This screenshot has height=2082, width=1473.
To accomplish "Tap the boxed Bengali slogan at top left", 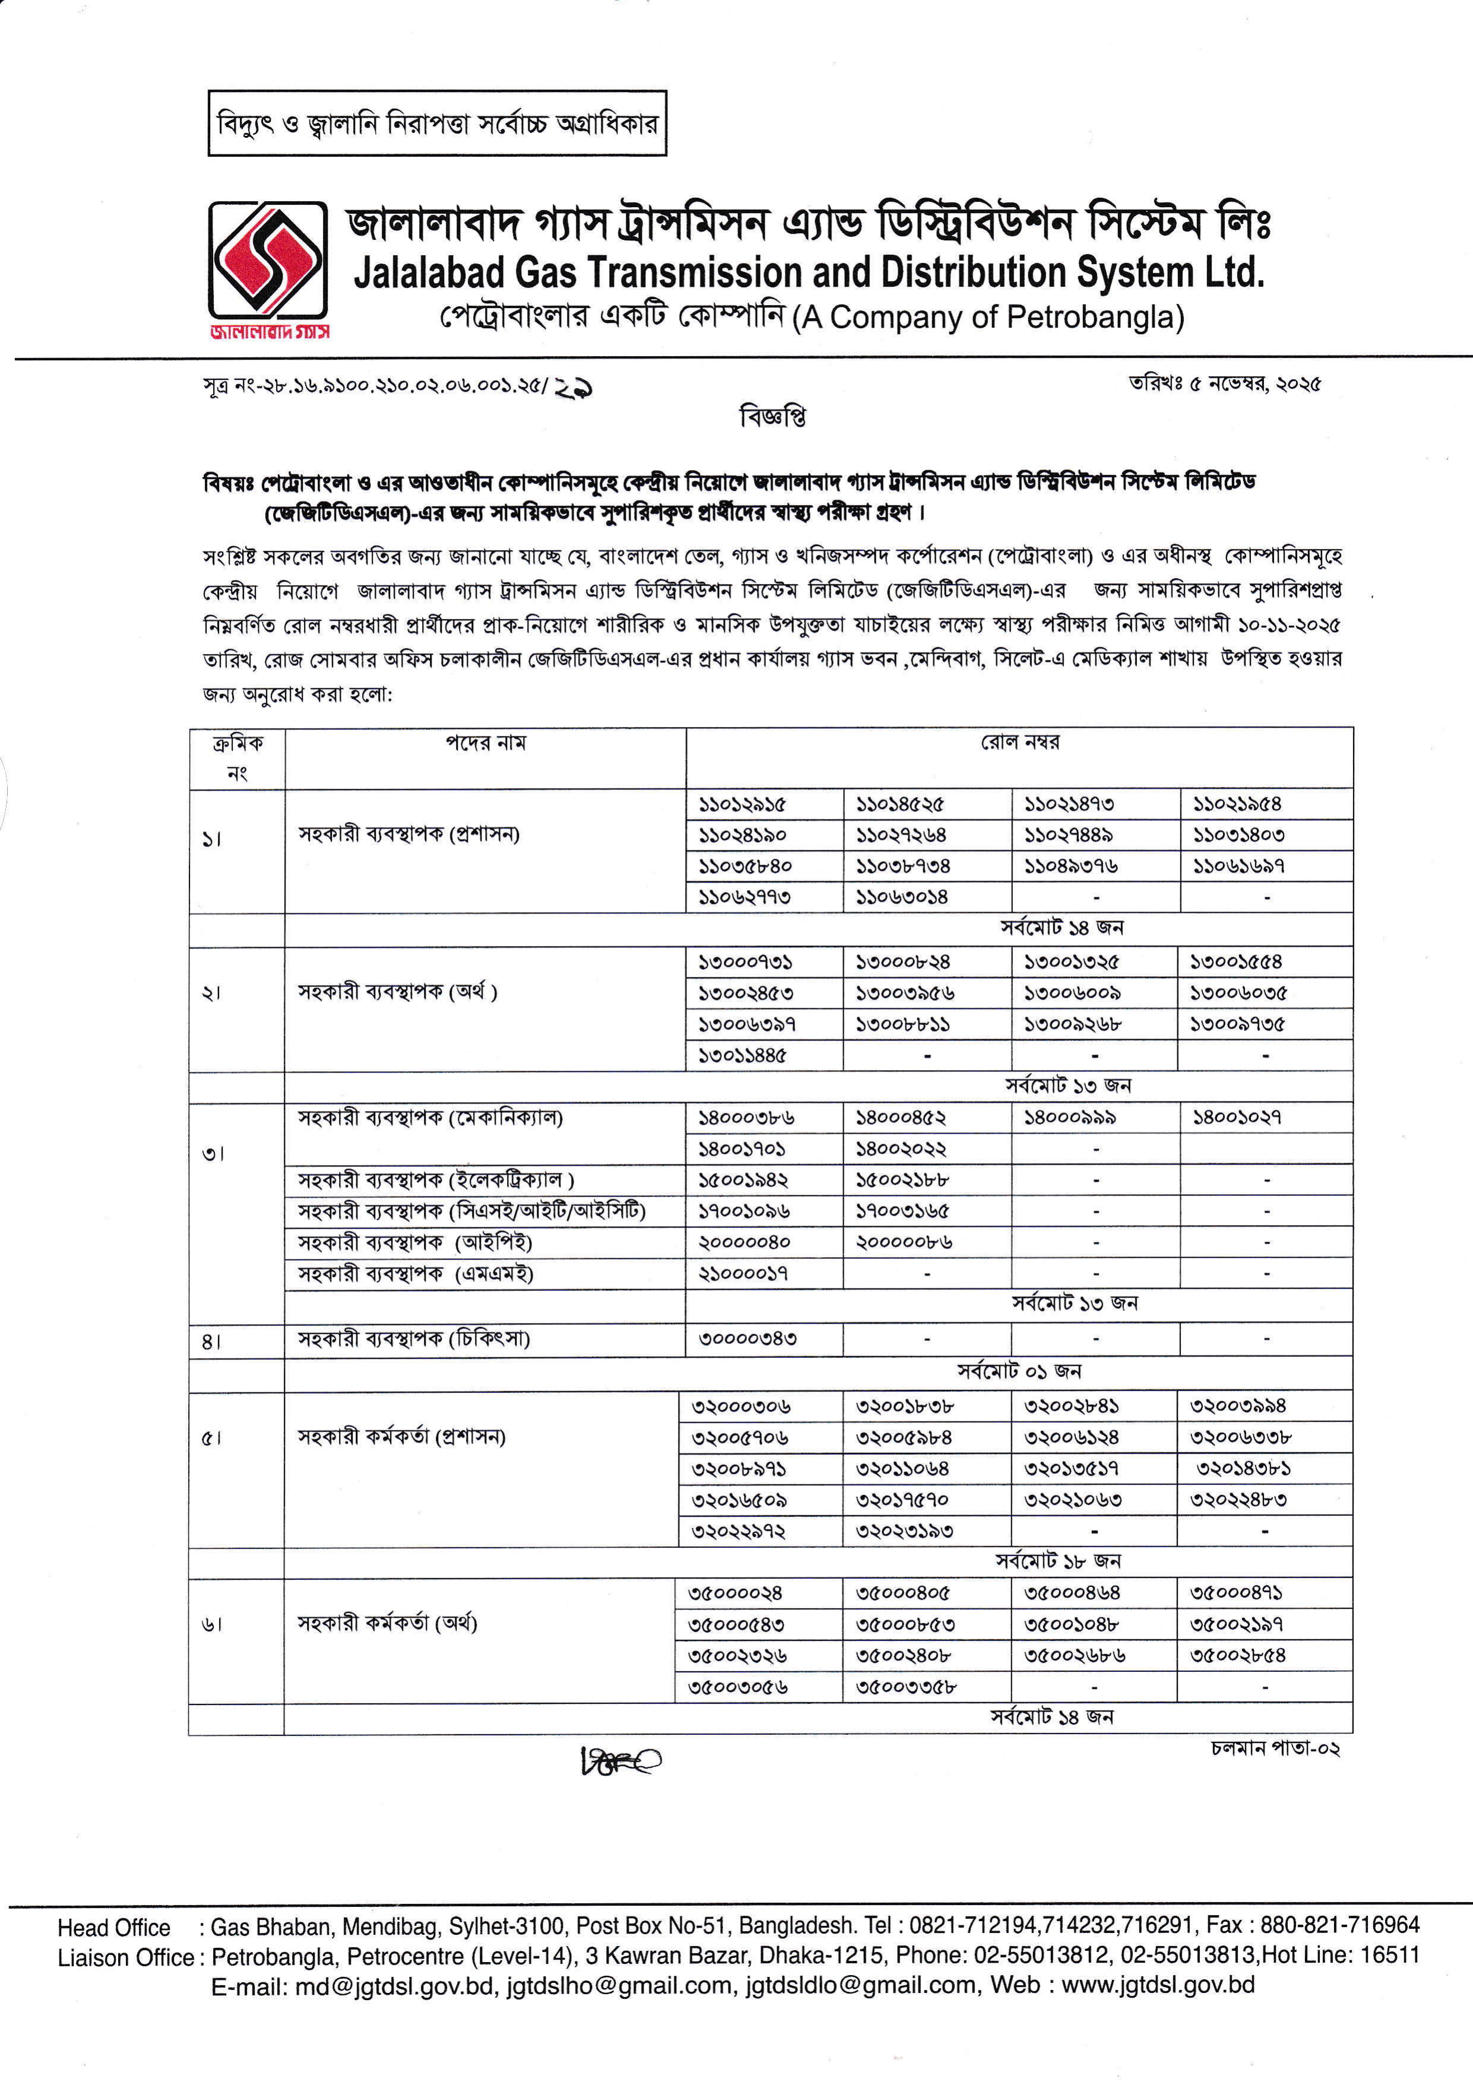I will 437,123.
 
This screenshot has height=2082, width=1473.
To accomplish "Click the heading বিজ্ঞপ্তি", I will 773,417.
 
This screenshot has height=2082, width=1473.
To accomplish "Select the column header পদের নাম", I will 485,744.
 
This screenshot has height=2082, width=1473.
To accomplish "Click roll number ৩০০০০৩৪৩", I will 747,1338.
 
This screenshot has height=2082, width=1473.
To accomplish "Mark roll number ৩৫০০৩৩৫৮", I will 905,1687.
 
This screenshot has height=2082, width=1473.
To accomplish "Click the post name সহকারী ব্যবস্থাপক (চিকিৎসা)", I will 414,1338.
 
